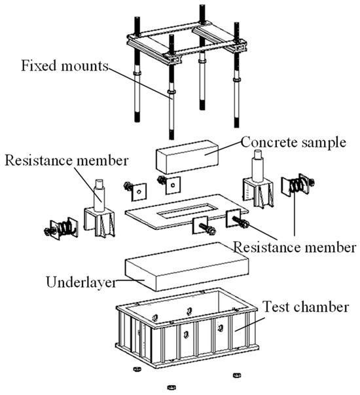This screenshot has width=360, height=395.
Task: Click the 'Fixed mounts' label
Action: [65, 66]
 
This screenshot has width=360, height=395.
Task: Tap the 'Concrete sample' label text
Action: [293, 142]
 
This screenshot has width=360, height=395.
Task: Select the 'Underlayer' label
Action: [81, 282]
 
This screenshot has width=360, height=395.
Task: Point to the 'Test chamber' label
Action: [306, 307]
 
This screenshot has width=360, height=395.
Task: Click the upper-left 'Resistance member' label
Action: [67, 160]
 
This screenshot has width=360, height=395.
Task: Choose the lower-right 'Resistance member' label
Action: [295, 248]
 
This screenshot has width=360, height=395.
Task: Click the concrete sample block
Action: [187, 157]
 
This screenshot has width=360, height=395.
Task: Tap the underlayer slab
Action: [187, 267]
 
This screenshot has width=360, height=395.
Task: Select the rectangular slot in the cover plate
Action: [187, 210]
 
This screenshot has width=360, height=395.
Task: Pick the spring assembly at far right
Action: [298, 185]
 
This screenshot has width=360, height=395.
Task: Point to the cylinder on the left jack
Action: [99, 195]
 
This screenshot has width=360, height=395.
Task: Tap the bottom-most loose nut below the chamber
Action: [171, 387]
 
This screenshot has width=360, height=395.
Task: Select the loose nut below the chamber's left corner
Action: [137, 369]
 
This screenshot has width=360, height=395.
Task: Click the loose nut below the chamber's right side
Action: [236, 375]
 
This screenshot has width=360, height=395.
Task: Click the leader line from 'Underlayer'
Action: [130, 280]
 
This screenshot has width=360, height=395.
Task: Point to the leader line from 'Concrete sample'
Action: [223, 148]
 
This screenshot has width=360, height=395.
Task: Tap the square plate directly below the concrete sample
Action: [173, 185]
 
